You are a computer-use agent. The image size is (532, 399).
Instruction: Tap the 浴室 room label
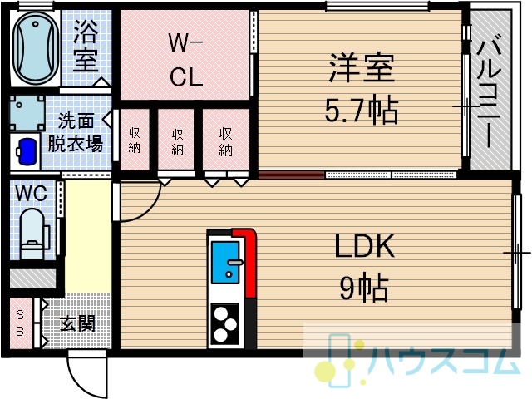(x=86, y=47)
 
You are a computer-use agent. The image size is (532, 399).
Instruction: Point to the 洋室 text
(x=362, y=68)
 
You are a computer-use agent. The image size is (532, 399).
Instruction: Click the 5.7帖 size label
(x=362, y=110)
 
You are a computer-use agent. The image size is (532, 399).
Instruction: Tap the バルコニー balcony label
(x=489, y=91)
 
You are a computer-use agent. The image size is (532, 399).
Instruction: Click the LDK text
(x=364, y=246)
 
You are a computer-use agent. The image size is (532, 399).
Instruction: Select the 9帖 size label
(x=364, y=288)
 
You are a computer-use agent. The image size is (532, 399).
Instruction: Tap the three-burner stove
(x=225, y=324)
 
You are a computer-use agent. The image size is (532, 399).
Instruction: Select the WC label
(x=32, y=194)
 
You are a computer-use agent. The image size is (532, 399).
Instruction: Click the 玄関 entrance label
(x=77, y=323)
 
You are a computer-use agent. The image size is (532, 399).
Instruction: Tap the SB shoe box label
(x=20, y=323)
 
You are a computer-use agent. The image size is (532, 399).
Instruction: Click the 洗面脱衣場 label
(x=76, y=133)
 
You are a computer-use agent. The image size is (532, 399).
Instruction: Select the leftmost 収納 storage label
(x=135, y=140)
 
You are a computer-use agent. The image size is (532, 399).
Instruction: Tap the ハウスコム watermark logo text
(x=445, y=361)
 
